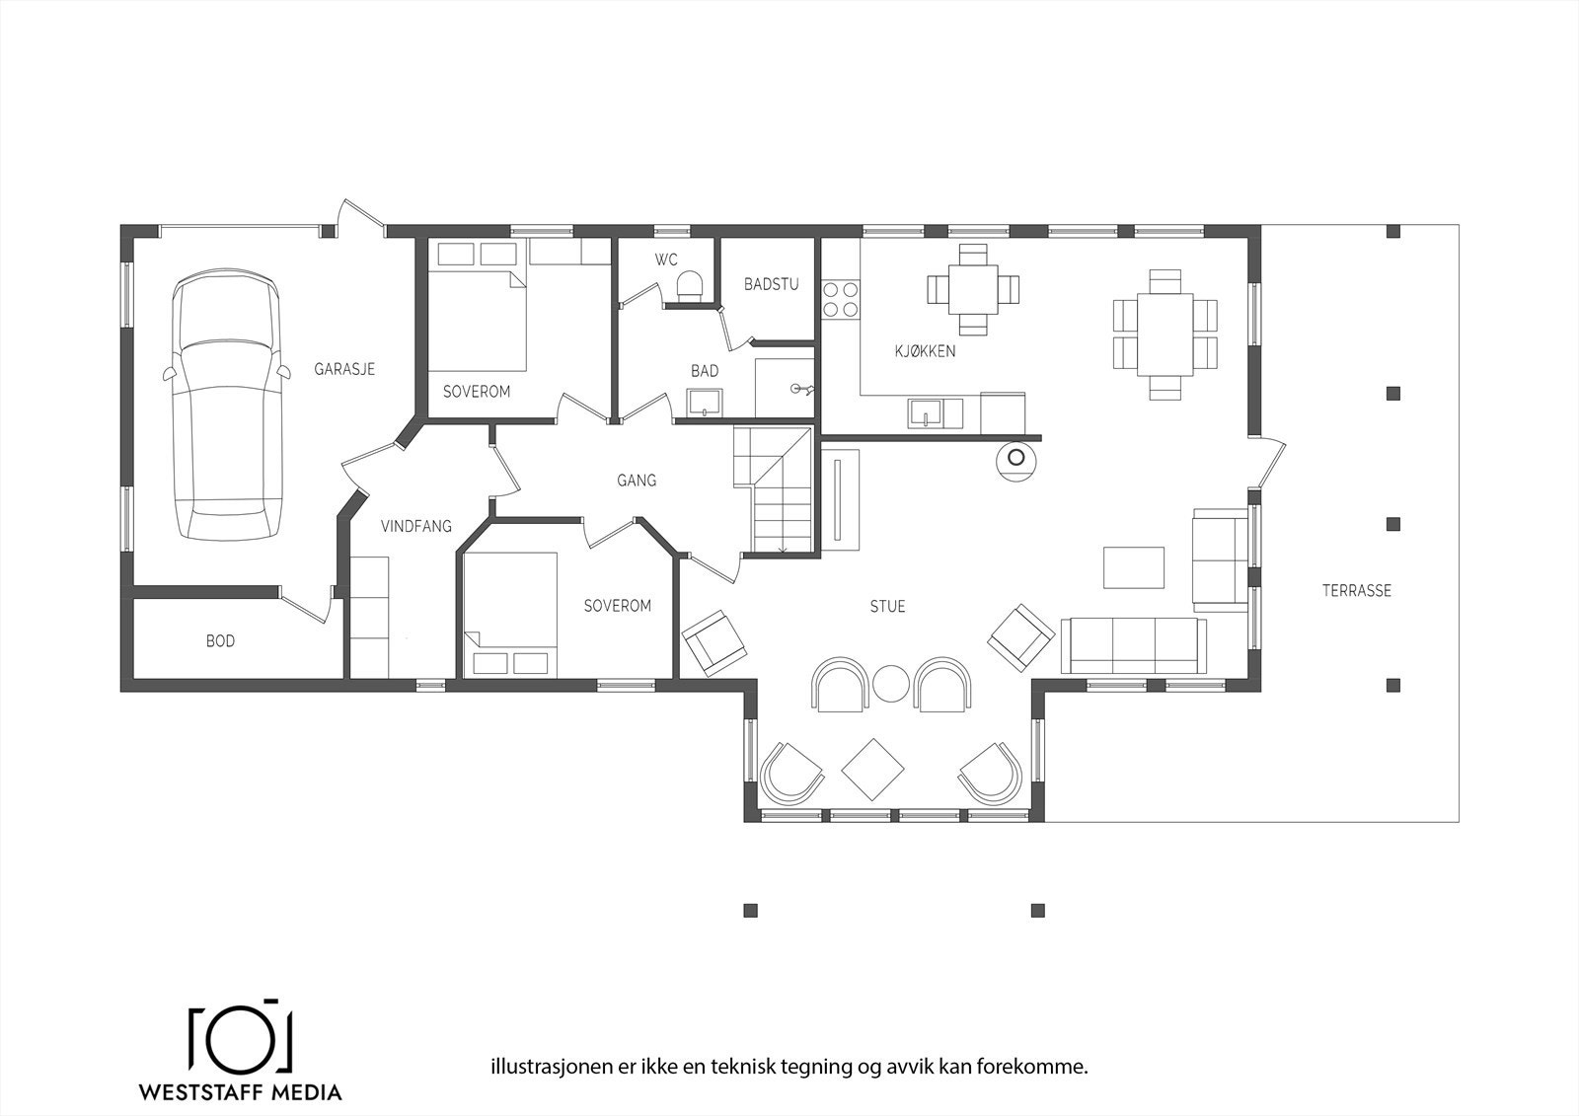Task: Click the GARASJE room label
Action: click(344, 370)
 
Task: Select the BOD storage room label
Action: click(220, 641)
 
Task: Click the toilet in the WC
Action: click(689, 284)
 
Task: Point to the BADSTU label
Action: click(771, 284)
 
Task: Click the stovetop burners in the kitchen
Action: click(841, 300)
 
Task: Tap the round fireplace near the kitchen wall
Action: click(1016, 460)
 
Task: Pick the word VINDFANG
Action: click(415, 526)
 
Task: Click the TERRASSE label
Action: click(1357, 591)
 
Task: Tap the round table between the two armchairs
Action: click(891, 684)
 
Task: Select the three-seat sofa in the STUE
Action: click(1133, 645)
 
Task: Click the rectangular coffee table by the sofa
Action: click(1134, 567)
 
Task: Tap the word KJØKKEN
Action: click(925, 351)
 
